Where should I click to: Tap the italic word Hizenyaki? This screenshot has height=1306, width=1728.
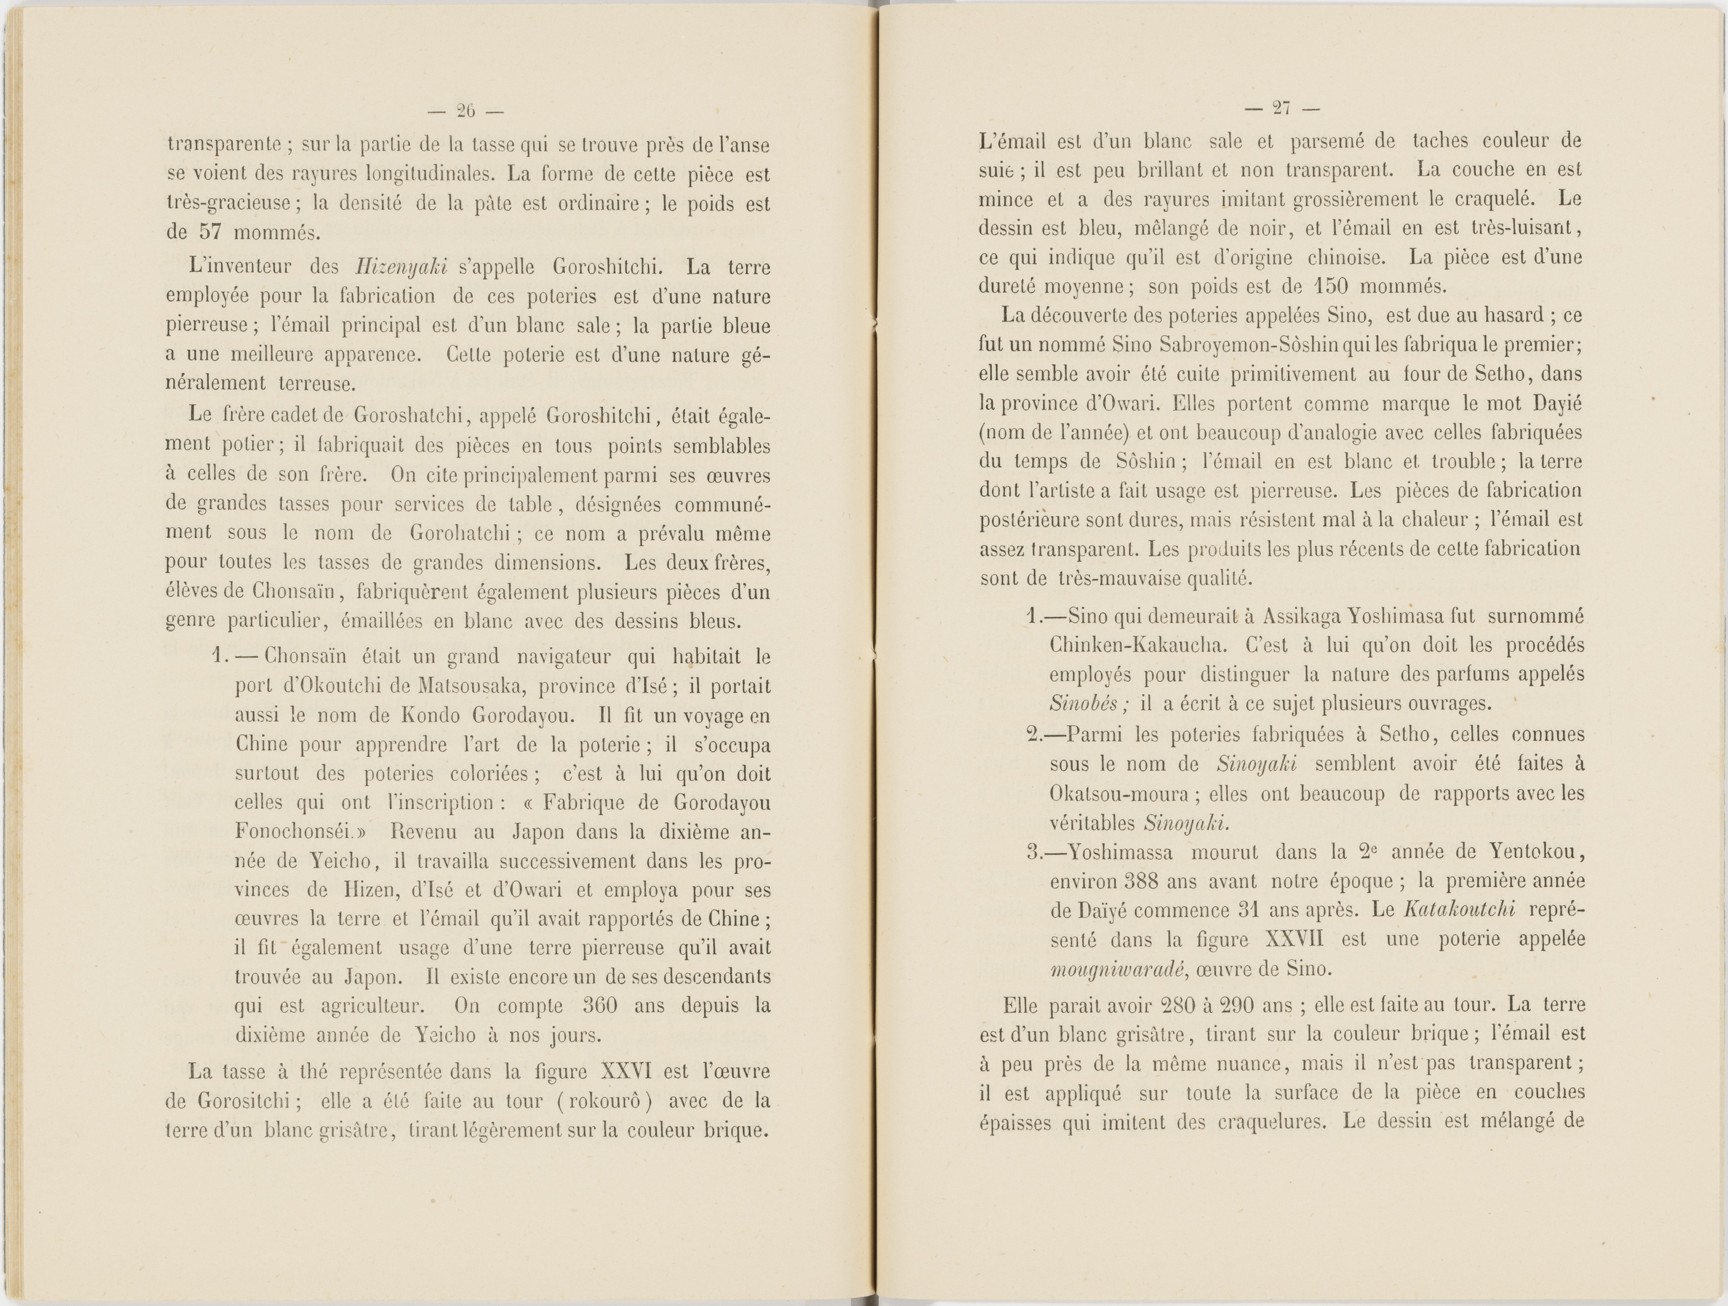point(400,267)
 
